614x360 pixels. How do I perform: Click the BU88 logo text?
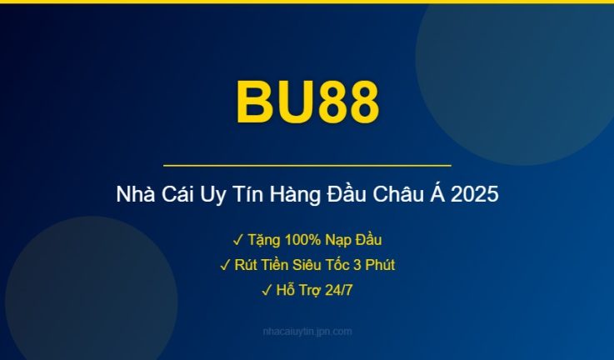point(307,102)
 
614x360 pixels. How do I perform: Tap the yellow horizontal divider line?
point(307,166)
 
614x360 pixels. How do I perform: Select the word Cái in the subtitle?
point(177,196)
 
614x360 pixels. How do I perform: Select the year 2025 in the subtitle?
point(476,196)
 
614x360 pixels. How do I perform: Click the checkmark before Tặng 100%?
point(238,240)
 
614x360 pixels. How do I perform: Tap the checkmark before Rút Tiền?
point(225,265)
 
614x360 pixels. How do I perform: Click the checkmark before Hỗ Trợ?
point(267,290)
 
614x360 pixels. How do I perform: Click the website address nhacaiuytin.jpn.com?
point(307,332)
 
